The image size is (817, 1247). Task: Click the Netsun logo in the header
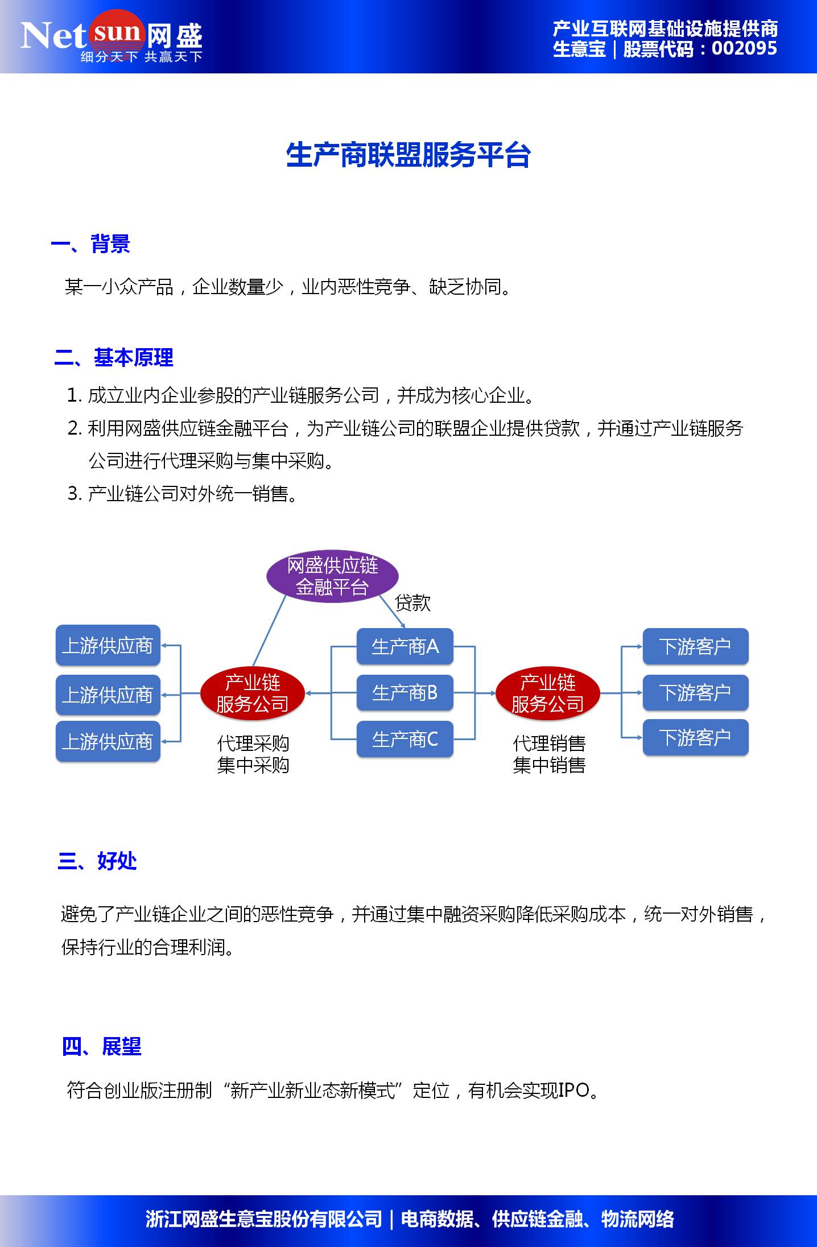[x=112, y=38]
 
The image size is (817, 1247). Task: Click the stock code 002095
[x=744, y=49]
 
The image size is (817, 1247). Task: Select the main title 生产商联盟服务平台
[x=408, y=155]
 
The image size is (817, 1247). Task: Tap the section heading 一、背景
[x=91, y=244]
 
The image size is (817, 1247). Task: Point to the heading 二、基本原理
[x=114, y=358]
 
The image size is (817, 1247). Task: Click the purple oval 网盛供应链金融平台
[x=332, y=576]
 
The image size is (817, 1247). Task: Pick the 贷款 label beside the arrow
[x=412, y=602]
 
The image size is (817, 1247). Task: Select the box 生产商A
[x=405, y=646]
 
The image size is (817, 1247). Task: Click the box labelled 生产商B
[x=405, y=693]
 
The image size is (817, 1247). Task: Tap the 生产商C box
[x=405, y=739]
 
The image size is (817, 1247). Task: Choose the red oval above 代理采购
[x=252, y=693]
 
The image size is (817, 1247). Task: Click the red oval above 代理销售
[x=547, y=693]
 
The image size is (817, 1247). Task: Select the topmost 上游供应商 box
[x=108, y=646]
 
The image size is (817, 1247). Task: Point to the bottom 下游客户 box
[x=695, y=738]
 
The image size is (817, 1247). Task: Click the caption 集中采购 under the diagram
[x=253, y=765]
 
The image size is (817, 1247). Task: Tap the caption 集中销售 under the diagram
[x=549, y=765]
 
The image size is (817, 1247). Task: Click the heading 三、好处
[x=97, y=861]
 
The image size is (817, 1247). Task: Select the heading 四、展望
[x=101, y=1046]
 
